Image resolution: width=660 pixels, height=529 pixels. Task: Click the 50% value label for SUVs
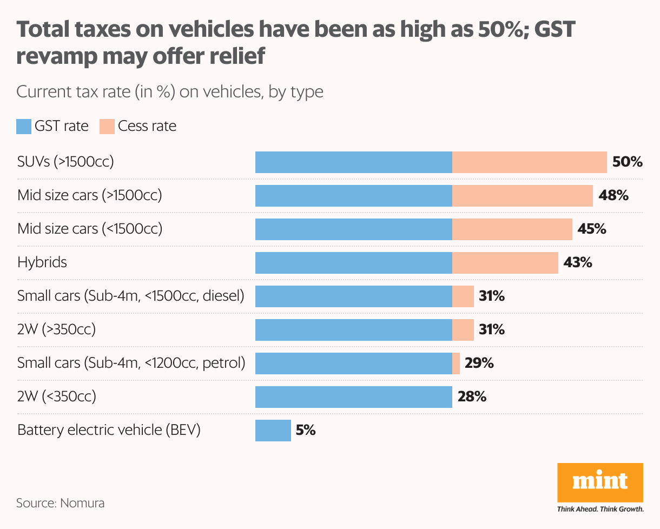pos(627,162)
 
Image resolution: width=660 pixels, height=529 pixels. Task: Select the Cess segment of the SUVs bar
pos(529,162)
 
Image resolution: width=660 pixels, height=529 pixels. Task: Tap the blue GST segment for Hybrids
pos(353,263)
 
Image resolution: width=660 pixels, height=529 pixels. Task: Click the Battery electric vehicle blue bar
pos(273,431)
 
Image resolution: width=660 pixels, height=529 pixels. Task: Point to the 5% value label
pos(306,431)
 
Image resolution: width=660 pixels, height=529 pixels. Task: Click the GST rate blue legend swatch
pos(24,127)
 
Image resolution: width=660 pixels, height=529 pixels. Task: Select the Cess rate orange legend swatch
pos(107,127)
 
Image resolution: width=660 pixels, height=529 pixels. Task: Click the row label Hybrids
pos(42,263)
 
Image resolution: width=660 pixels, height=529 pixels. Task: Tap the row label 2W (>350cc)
pos(56,329)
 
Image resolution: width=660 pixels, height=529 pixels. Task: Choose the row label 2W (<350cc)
pos(56,396)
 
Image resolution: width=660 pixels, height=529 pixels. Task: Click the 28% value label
pos(472,397)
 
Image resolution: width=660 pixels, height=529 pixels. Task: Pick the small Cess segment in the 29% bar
pos(456,363)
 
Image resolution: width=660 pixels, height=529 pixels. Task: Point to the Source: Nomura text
pos(60,503)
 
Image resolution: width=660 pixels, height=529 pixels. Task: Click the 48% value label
pos(613,195)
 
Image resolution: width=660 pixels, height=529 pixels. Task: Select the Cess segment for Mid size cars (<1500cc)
pos(512,229)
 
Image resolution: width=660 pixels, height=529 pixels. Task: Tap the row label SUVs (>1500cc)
pos(65,162)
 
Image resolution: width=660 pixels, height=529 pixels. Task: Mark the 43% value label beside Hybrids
pos(578,263)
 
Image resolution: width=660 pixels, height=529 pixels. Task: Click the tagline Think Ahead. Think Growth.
pos(600,509)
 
